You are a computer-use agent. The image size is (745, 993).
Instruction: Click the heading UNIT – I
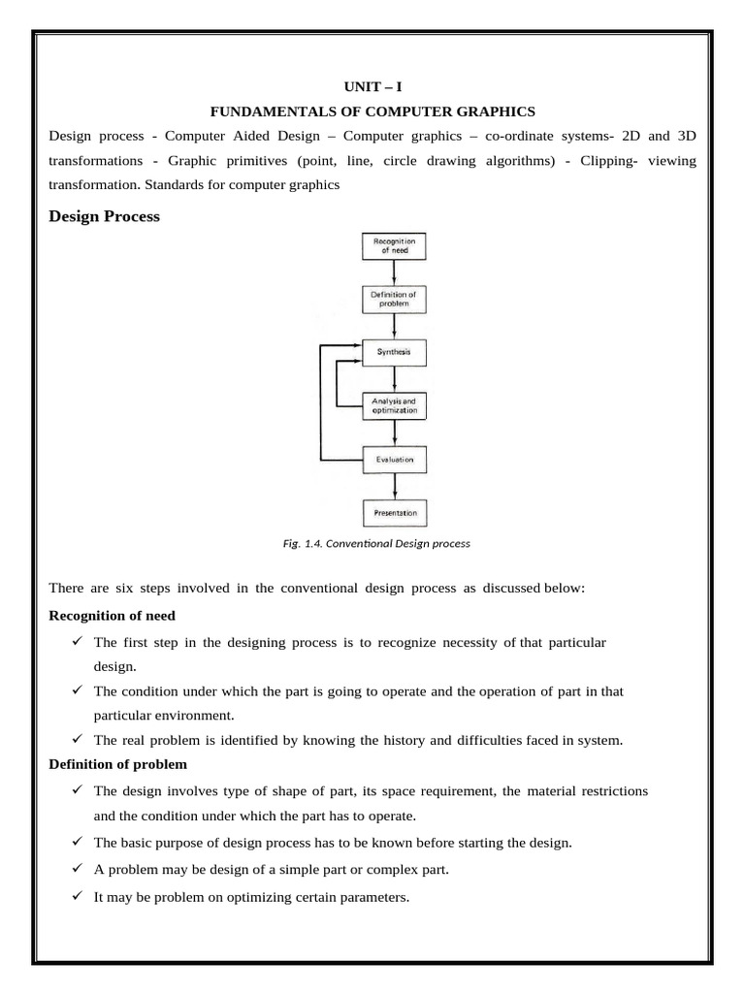[x=372, y=86]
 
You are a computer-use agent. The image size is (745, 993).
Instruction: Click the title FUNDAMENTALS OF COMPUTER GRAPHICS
[x=372, y=112]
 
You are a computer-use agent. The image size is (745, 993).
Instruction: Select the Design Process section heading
[x=104, y=217]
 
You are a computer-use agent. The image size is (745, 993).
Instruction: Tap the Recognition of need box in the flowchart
[x=394, y=245]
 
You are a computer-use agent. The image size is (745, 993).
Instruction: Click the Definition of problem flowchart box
[x=394, y=299]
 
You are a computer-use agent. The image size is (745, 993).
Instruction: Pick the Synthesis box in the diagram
[x=394, y=352]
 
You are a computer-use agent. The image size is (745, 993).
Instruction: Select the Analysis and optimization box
[x=394, y=405]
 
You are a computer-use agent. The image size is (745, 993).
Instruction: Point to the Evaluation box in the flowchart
[x=394, y=459]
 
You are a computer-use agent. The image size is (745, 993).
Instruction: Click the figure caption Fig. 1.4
[x=372, y=544]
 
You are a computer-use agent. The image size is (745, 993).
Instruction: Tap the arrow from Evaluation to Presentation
[x=394, y=485]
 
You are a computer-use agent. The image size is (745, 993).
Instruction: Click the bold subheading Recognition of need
[x=112, y=616]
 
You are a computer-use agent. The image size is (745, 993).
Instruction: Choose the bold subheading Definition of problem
[x=111, y=765]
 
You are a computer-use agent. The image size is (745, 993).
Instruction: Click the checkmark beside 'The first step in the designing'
[x=77, y=642]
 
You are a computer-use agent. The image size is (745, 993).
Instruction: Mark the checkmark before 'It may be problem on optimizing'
[x=77, y=897]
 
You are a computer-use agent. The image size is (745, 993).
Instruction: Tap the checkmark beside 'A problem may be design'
[x=77, y=869]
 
